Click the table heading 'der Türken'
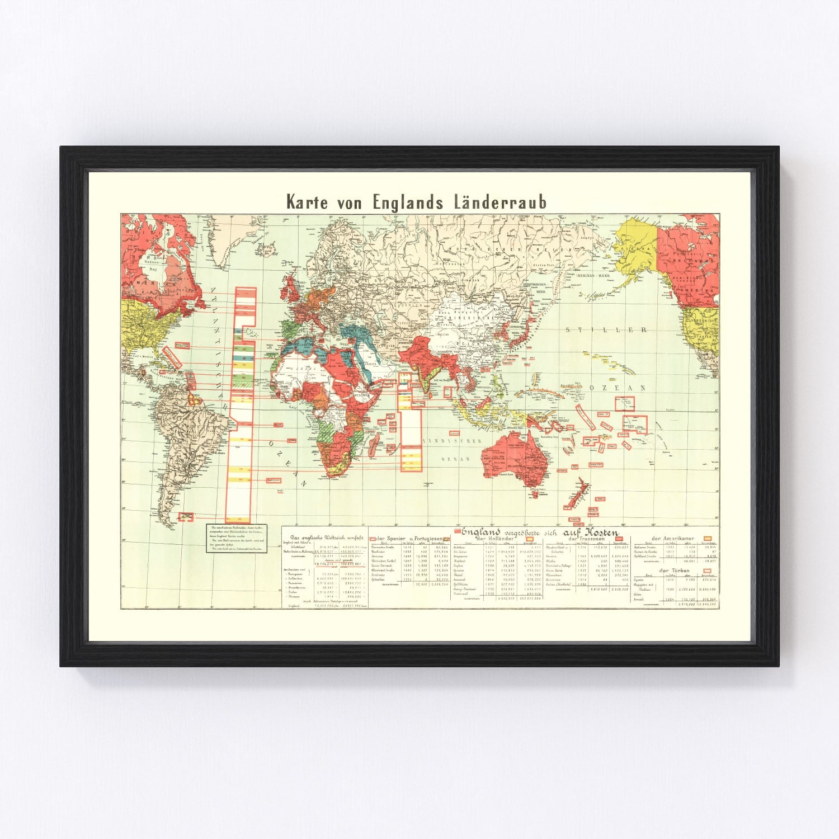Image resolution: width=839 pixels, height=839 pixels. coord(673,571)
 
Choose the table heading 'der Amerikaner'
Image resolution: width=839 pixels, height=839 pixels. coord(673,538)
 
